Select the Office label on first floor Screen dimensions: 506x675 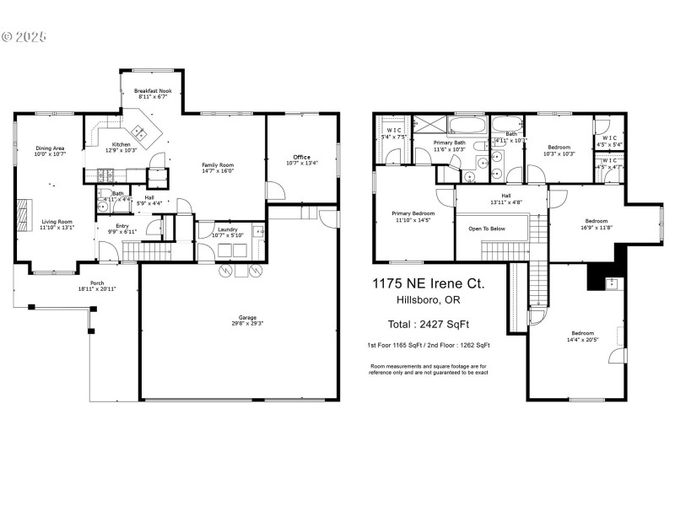301,157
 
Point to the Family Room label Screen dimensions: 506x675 218,164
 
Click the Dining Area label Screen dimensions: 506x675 50,148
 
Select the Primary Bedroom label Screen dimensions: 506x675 413,213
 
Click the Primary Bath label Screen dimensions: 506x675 449,143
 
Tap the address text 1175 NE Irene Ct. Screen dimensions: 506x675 429,284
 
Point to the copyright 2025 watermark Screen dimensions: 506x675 24,37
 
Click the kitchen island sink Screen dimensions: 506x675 138,132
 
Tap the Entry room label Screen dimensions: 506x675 117,227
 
